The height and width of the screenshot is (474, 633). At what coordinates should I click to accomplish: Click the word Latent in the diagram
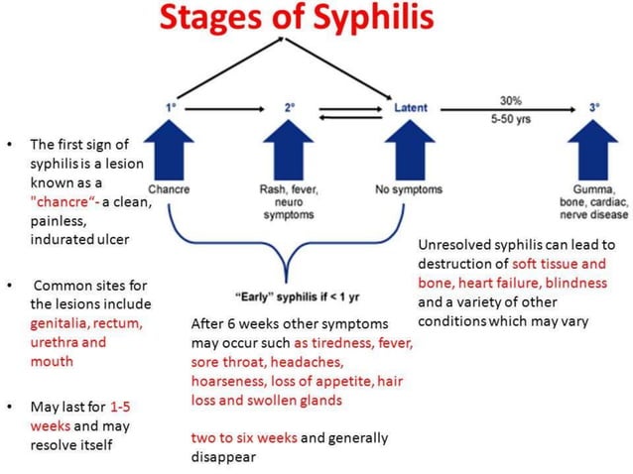(x=411, y=107)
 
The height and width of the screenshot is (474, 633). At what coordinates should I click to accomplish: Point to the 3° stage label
(x=593, y=107)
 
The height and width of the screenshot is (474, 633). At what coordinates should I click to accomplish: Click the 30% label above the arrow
(x=510, y=100)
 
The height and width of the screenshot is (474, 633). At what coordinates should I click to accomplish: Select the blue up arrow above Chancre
(x=169, y=149)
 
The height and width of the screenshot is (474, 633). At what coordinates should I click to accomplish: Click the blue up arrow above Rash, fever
(x=288, y=149)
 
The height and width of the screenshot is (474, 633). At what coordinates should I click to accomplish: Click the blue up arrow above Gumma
(x=592, y=149)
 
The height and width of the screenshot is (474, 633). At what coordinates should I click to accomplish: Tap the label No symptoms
(x=409, y=188)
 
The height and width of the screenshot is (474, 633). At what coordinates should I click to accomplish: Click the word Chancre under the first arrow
(x=169, y=188)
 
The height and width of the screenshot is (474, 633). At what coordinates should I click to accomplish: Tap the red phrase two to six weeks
(x=243, y=437)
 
